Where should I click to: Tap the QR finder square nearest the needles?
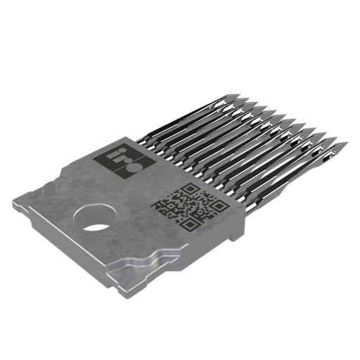(219, 205)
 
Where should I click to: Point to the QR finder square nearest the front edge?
(188, 224)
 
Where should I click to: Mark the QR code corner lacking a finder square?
(160, 207)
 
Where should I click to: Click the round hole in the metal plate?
(96, 217)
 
